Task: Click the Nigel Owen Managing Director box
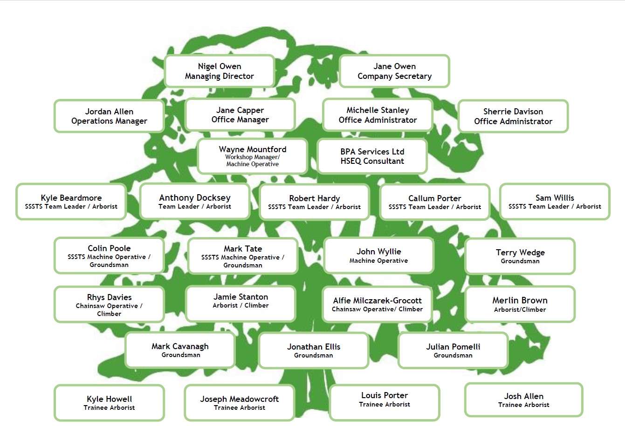(220, 71)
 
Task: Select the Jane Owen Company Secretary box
(395, 71)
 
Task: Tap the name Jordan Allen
(109, 112)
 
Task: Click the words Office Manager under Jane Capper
(240, 119)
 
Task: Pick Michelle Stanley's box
(378, 115)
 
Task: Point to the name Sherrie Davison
(513, 112)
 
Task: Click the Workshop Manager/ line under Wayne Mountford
(253, 157)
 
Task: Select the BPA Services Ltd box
(372, 156)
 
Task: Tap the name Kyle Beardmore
(71, 198)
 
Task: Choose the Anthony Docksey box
(195, 202)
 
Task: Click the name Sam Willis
(555, 198)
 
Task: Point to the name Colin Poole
(109, 248)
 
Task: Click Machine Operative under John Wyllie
(378, 261)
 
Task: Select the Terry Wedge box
(520, 256)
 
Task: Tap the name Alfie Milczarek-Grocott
(377, 301)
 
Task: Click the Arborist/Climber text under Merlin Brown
(520, 309)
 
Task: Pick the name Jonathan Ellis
(314, 347)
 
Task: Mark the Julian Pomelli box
(453, 351)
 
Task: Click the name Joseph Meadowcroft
(240, 399)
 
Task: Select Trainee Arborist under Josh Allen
(524, 405)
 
